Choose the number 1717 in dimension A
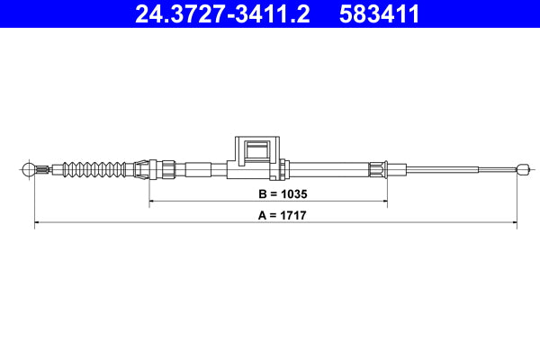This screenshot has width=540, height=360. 281,217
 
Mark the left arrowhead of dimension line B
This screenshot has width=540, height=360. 153,203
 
